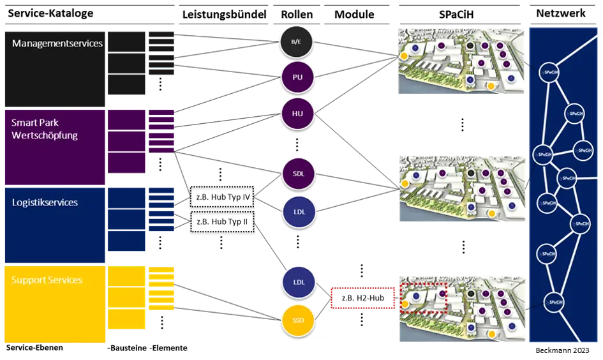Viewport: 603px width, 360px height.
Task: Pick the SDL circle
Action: point(298,174)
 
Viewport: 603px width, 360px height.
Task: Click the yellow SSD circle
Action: point(298,321)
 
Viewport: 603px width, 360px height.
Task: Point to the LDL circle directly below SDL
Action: point(298,211)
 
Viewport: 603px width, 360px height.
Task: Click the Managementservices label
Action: point(57,43)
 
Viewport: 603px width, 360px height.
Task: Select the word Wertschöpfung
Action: point(45,135)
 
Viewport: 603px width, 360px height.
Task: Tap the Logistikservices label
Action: point(45,202)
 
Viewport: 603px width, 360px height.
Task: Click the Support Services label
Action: point(47,280)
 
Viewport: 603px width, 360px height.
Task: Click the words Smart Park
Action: point(35,122)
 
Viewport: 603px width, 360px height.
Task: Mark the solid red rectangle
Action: point(363,298)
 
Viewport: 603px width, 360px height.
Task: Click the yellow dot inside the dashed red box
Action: point(404,305)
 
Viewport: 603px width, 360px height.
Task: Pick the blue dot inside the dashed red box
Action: point(415,296)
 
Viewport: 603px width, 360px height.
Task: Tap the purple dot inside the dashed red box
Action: point(442,294)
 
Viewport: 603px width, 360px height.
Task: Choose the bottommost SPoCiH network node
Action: point(555,302)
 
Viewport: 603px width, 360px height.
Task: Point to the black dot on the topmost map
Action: point(470,47)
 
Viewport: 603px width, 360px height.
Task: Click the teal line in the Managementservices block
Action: point(161,66)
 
